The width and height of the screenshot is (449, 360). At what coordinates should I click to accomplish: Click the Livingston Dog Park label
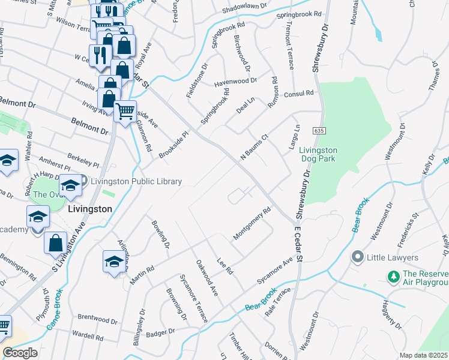click(319, 154)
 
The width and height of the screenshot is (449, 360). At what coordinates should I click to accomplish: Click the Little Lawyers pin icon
click(358, 257)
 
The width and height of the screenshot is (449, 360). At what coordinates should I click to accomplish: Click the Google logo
click(20, 353)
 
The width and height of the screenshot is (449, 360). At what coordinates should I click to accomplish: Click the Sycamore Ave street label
click(274, 271)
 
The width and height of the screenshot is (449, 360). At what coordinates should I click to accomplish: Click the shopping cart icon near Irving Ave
click(125, 110)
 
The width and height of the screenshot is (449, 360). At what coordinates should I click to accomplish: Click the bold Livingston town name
click(90, 209)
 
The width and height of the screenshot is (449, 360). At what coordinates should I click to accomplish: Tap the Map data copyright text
click(424, 355)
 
